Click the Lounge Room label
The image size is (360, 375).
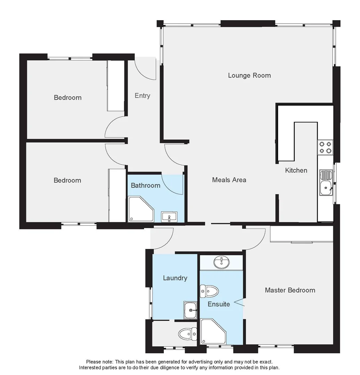coord(249,75)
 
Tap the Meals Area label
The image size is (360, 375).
coord(229,180)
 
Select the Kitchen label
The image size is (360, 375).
coord(296,170)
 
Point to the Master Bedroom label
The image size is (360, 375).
coord(290,290)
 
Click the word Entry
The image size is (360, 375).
coord(142,95)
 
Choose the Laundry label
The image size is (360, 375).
coord(175,278)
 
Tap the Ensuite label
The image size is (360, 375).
coord(219,304)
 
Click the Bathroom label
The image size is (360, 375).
coord(145,185)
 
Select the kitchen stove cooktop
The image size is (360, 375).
coord(325,147)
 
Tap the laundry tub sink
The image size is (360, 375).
coord(191,310)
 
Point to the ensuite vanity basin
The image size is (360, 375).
coord(221,262)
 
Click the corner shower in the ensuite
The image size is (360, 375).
coord(212,332)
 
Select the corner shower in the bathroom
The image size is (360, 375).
coord(140,209)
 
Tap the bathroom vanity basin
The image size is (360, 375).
coord(169,217)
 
